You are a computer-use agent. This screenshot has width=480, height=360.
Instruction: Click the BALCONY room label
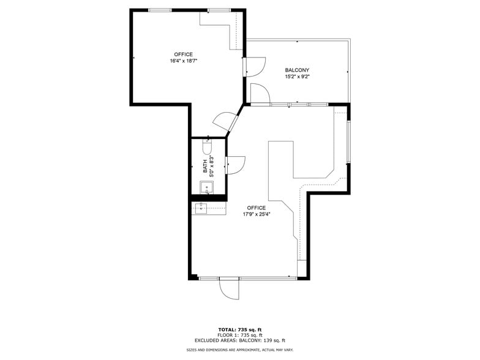click(297, 70)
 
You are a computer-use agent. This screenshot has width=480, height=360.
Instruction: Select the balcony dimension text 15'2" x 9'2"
click(297, 77)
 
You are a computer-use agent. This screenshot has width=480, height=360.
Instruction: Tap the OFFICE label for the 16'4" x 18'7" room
click(183, 54)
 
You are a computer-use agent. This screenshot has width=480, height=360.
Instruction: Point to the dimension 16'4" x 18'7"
click(183, 61)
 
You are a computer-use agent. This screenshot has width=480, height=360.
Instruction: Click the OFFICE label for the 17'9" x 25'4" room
click(256, 208)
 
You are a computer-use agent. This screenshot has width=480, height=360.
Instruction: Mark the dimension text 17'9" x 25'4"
click(256, 214)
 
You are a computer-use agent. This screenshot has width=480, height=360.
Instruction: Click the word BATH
click(205, 165)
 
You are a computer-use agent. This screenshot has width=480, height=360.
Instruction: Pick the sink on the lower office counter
click(201, 209)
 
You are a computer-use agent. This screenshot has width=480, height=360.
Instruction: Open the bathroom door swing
click(235, 164)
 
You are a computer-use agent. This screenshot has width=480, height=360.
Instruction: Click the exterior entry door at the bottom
click(229, 287)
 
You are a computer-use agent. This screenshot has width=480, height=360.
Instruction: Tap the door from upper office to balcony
click(255, 66)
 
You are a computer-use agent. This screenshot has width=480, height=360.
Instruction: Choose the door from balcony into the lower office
click(260, 94)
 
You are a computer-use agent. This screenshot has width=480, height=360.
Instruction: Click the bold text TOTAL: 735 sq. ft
click(240, 329)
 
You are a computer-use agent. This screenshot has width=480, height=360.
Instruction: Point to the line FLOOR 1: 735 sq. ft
click(240, 335)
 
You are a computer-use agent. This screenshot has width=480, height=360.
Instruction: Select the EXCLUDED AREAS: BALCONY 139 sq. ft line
click(240, 340)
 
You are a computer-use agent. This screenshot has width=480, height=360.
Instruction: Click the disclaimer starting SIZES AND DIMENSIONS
click(240, 350)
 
